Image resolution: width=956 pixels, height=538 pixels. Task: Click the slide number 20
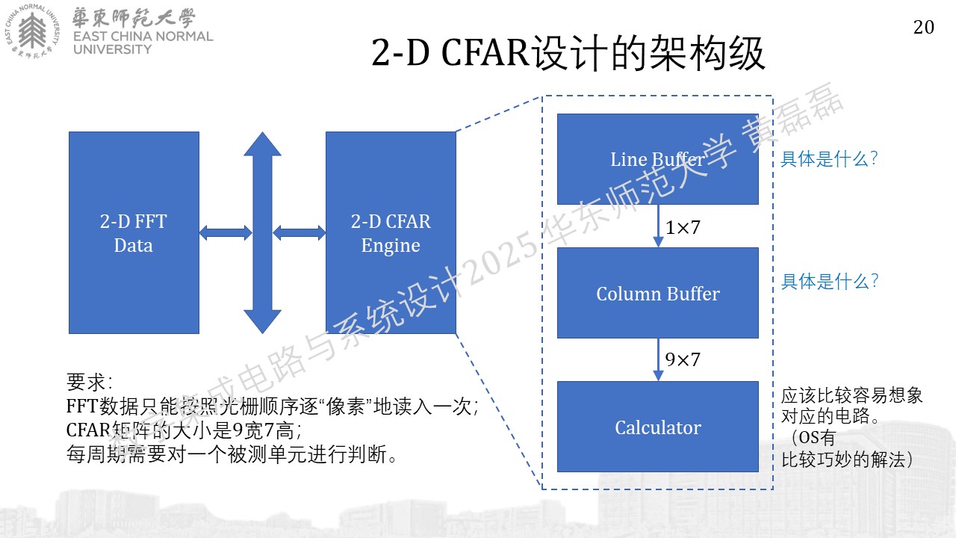(924, 28)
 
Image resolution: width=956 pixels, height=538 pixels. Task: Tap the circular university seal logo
(32, 31)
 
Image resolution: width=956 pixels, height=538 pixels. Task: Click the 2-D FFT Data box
(134, 232)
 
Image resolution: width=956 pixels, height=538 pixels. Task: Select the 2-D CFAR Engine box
(391, 232)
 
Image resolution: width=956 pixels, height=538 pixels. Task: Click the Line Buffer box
(658, 159)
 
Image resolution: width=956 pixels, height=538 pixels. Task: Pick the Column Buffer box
(658, 293)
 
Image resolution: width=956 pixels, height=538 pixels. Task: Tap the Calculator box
(658, 427)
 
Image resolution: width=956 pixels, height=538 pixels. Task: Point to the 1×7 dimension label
(683, 228)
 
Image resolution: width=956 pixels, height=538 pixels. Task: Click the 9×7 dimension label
(683, 359)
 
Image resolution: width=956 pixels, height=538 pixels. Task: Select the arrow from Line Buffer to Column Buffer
(658, 226)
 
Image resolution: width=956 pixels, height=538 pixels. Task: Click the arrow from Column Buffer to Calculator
(658, 359)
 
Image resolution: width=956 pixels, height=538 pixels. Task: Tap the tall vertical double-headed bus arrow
(262, 232)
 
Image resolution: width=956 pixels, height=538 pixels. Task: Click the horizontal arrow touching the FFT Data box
(226, 232)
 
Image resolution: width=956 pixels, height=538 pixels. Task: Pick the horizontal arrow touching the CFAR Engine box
(299, 232)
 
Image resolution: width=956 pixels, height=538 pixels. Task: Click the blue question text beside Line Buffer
(829, 159)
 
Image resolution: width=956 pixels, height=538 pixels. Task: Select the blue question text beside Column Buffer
(829, 282)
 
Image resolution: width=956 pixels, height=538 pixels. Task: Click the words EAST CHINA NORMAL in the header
(143, 37)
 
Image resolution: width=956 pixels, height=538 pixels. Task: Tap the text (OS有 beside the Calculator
(811, 437)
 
